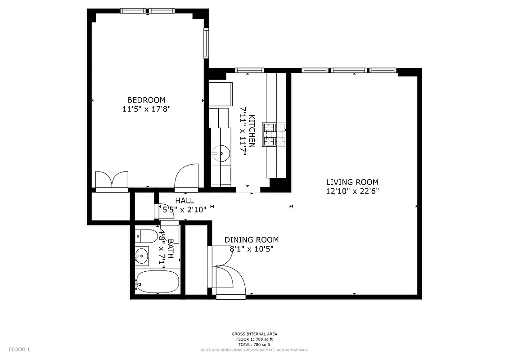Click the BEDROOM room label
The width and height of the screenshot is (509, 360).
tap(146, 100)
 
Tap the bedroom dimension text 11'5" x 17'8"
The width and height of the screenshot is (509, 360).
tap(146, 109)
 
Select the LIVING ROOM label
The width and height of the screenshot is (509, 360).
tap(352, 182)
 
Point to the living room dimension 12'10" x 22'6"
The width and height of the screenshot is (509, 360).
tap(352, 191)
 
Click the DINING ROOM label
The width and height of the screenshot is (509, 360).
tap(251, 240)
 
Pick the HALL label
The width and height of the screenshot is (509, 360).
tap(185, 201)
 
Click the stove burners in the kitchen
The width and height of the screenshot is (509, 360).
tap(275, 134)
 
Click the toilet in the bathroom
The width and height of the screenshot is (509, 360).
tap(147, 235)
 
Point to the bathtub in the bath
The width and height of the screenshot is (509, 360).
tap(158, 282)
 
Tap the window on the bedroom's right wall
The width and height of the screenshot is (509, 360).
tap(206, 43)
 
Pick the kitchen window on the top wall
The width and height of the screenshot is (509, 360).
tap(249, 70)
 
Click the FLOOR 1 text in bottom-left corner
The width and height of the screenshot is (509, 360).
tap(19, 349)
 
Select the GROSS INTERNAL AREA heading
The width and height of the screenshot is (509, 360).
tap(254, 334)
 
